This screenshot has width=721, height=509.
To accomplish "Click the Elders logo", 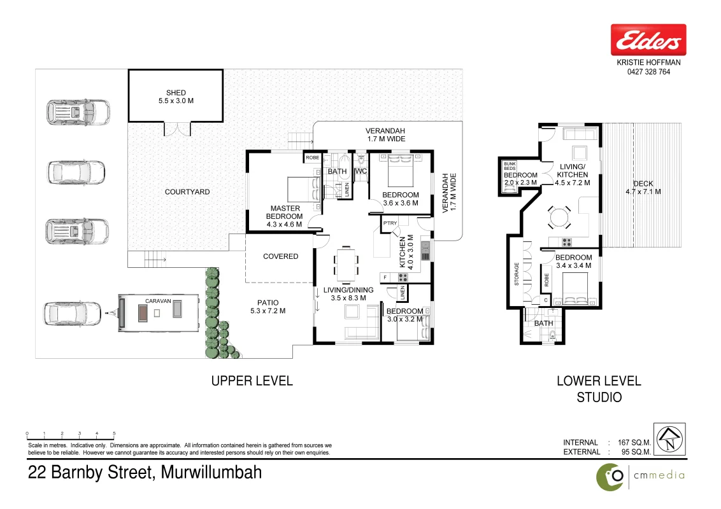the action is pyautogui.click(x=648, y=39).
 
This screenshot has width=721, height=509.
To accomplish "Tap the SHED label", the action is pyautogui.click(x=176, y=93).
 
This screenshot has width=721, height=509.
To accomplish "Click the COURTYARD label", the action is pyautogui.click(x=187, y=192).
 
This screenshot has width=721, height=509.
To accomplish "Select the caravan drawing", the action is pyautogui.click(x=159, y=313).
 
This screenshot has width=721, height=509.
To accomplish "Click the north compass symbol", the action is pyautogui.click(x=670, y=439).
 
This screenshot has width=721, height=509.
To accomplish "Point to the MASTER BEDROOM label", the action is pyautogui.click(x=285, y=213).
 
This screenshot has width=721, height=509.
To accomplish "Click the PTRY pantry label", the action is pyautogui.click(x=390, y=223).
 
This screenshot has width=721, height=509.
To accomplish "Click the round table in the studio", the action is pyautogui.click(x=559, y=218).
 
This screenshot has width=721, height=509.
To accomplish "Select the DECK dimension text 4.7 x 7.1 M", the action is pyautogui.click(x=643, y=192).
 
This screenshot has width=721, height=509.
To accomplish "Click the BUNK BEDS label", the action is pyautogui.click(x=510, y=166).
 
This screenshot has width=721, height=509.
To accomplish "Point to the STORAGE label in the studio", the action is pyautogui.click(x=517, y=274).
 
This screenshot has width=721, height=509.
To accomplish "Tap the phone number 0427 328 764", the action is pyautogui.click(x=648, y=72).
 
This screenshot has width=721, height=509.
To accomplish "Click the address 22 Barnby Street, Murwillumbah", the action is pyautogui.click(x=145, y=472).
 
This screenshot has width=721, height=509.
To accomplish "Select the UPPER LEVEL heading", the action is pyautogui.click(x=252, y=381).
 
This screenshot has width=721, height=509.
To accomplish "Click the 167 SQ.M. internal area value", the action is pyautogui.click(x=634, y=442).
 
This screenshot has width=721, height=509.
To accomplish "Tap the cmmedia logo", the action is pyautogui.click(x=641, y=477).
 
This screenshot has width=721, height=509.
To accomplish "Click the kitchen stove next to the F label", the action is pyautogui.click(x=403, y=277).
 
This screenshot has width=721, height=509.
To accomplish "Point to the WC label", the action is pyautogui.click(x=360, y=171).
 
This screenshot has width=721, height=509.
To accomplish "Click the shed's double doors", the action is pyautogui.click(x=177, y=129).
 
